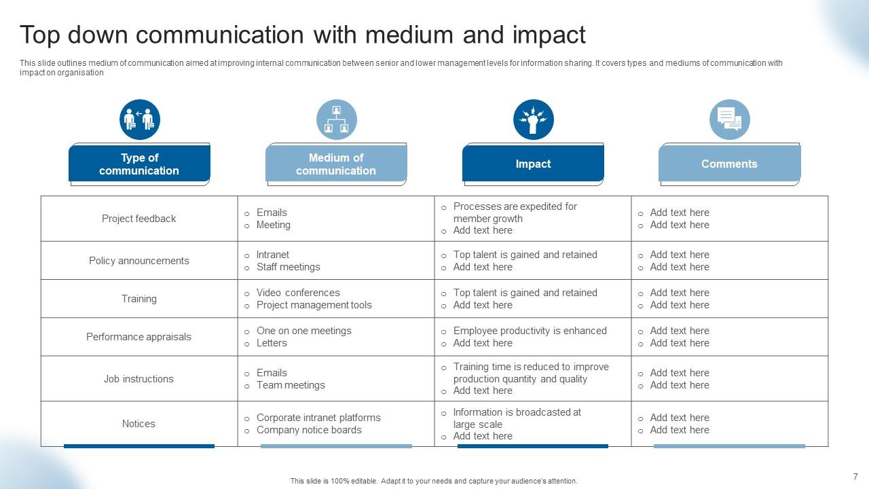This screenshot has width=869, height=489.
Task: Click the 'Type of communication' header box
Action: pyautogui.click(x=139, y=164)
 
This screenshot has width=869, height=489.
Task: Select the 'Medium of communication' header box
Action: pyautogui.click(x=336, y=164)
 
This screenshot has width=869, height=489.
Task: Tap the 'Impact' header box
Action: pyautogui.click(x=533, y=164)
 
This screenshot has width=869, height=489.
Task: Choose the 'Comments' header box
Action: pyautogui.click(x=729, y=164)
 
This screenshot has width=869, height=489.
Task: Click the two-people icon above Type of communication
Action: pyautogui.click(x=140, y=120)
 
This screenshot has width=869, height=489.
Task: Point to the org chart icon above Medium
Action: pyautogui.click(x=337, y=120)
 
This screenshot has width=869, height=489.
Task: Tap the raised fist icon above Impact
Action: pyautogui.click(x=534, y=120)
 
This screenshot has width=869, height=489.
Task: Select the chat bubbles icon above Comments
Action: pyautogui.click(x=730, y=120)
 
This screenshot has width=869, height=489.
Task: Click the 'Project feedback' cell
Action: pyautogui.click(x=138, y=219)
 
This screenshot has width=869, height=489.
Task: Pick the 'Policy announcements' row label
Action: pyautogui.click(x=138, y=261)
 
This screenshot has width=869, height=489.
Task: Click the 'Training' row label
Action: pyautogui.click(x=138, y=299)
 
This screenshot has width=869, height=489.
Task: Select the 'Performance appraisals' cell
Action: pyautogui.click(x=138, y=337)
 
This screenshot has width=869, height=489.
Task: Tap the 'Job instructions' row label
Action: pyautogui.click(x=138, y=379)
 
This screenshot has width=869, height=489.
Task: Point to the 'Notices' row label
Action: pyautogui.click(x=138, y=424)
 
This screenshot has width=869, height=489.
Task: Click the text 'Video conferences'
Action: pyautogui.click(x=298, y=293)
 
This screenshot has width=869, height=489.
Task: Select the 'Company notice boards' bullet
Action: pyautogui.click(x=309, y=430)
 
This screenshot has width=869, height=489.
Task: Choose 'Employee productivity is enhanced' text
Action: pyautogui.click(x=530, y=331)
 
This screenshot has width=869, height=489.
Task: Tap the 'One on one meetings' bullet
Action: pyautogui.click(x=303, y=331)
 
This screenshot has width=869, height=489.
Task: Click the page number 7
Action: pyautogui.click(x=855, y=476)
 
